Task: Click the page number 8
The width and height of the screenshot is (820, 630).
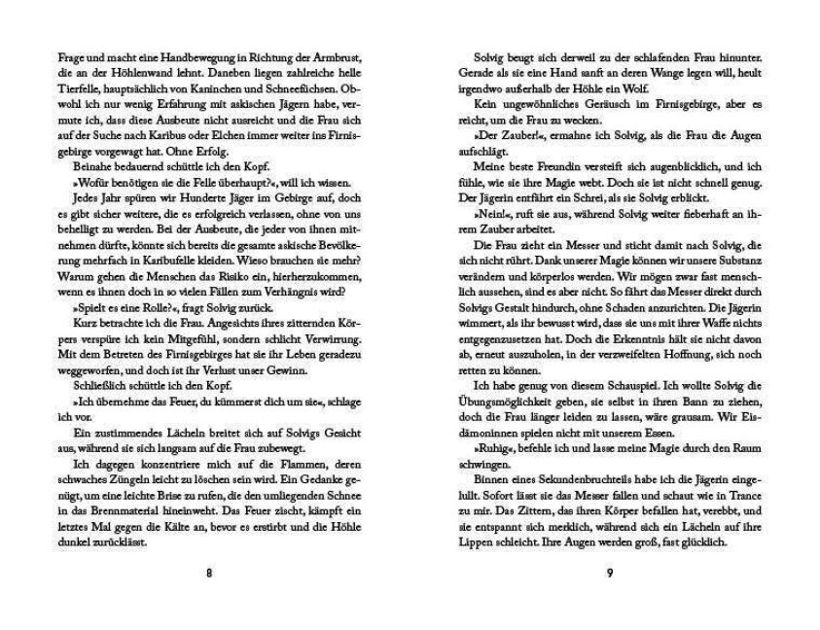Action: tap(209, 574)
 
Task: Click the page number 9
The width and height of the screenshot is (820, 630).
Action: tap(609, 574)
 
